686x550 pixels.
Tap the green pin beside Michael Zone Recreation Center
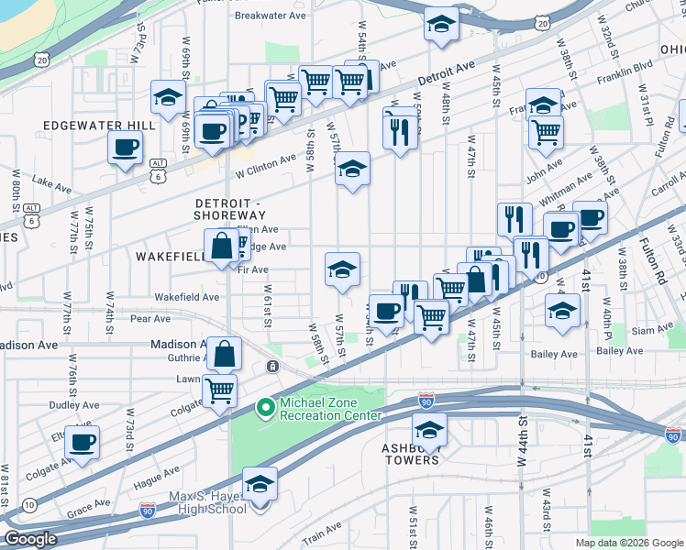(x=266, y=407)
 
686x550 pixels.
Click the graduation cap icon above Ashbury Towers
(x=429, y=429)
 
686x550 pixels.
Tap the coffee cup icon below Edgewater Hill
(x=126, y=146)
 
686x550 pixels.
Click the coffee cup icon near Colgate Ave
(x=83, y=442)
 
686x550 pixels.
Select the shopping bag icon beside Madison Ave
(x=224, y=353)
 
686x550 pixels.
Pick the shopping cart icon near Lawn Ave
(x=219, y=390)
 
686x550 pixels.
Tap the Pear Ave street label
(x=151, y=319)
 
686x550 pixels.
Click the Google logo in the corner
(x=30, y=539)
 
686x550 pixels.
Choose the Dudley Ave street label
(x=74, y=404)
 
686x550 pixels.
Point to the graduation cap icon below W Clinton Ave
(x=352, y=169)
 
